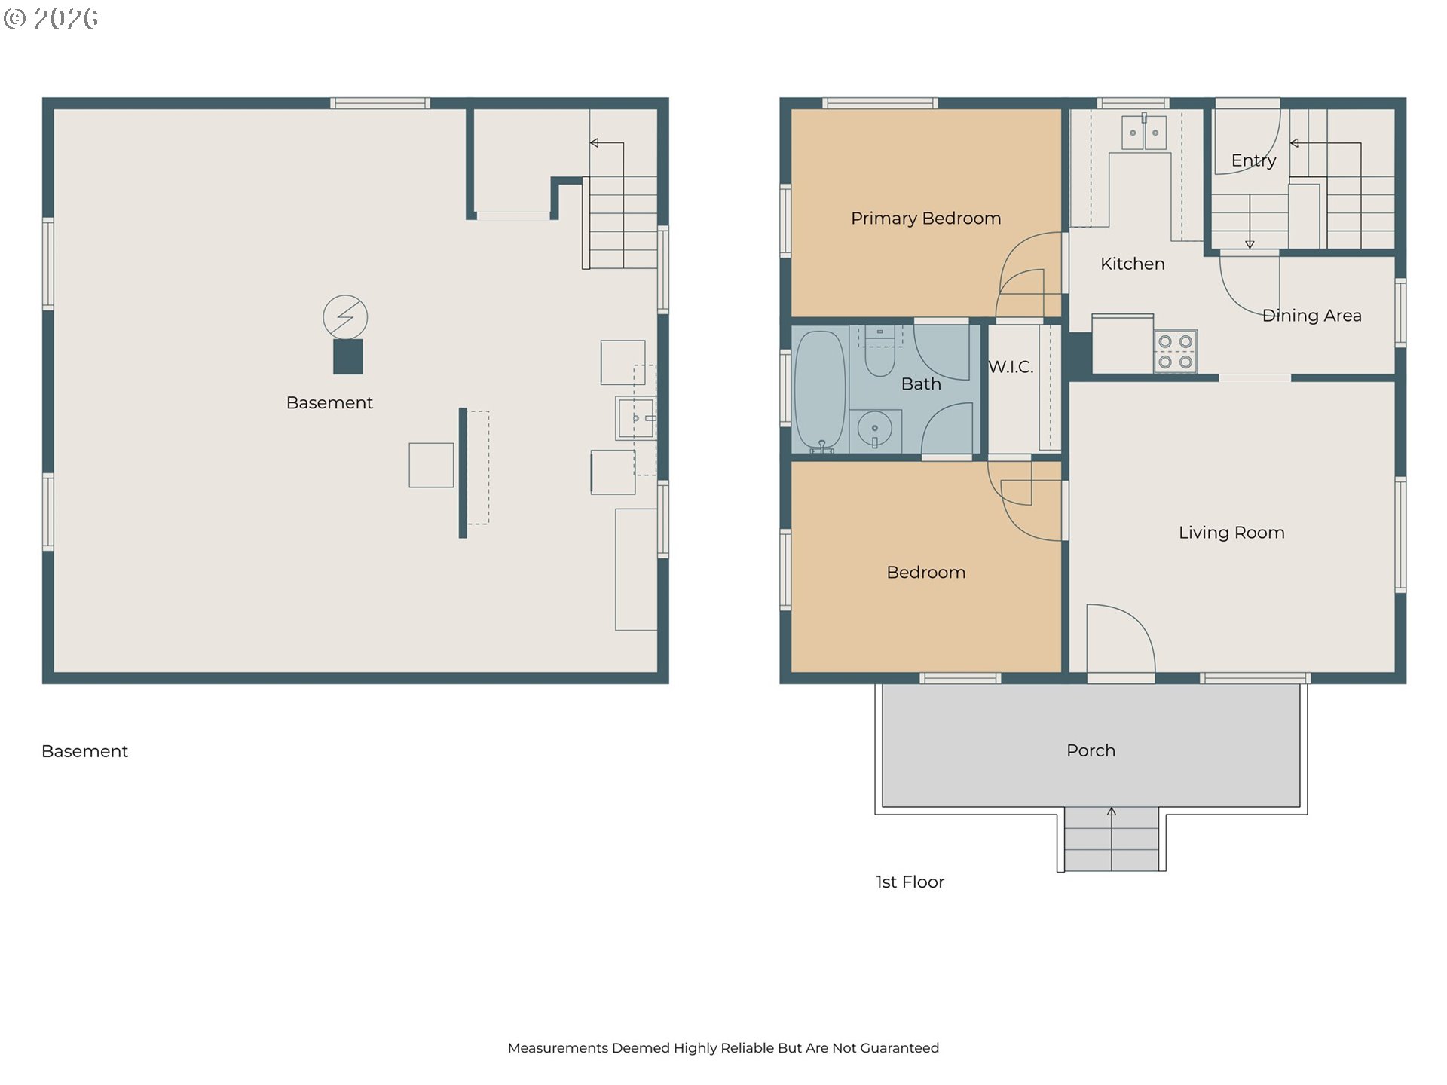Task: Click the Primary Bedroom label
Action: pyautogui.click(x=925, y=219)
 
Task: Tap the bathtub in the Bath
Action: pyautogui.click(x=820, y=390)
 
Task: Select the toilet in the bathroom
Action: pyautogui.click(x=880, y=354)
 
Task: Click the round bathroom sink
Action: pyautogui.click(x=874, y=430)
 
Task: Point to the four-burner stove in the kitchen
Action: pyautogui.click(x=1175, y=352)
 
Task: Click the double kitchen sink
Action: pyautogui.click(x=1143, y=133)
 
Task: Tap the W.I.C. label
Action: pyautogui.click(x=1011, y=367)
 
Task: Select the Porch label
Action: pyautogui.click(x=1091, y=750)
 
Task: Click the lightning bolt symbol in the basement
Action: pyautogui.click(x=345, y=316)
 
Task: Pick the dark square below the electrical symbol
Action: pyautogui.click(x=348, y=356)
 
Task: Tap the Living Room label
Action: pyautogui.click(x=1231, y=533)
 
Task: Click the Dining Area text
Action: pyautogui.click(x=1311, y=316)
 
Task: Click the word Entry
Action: pyautogui.click(x=1253, y=160)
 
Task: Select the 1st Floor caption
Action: pyautogui.click(x=910, y=882)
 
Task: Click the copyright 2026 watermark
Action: pyautogui.click(x=51, y=18)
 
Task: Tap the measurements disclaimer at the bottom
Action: pyautogui.click(x=723, y=1047)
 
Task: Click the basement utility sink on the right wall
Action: pyautogui.click(x=635, y=418)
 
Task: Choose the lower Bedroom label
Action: pyautogui.click(x=925, y=573)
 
